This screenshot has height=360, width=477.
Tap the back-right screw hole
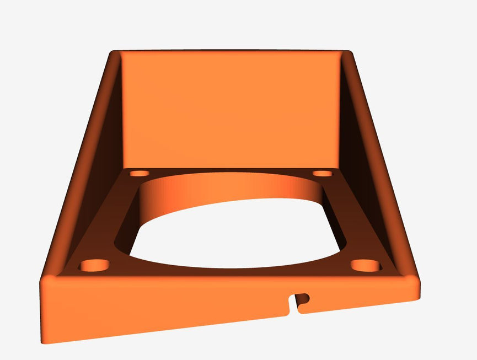(x=323, y=173)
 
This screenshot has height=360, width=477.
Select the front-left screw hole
(x=94, y=266)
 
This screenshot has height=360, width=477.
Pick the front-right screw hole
(x=366, y=266)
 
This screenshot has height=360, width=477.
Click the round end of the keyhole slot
(x=302, y=299)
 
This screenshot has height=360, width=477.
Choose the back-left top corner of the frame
(x=114, y=53)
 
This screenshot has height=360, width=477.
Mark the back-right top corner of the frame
(x=349, y=53)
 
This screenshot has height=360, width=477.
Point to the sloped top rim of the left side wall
(x=77, y=165)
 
